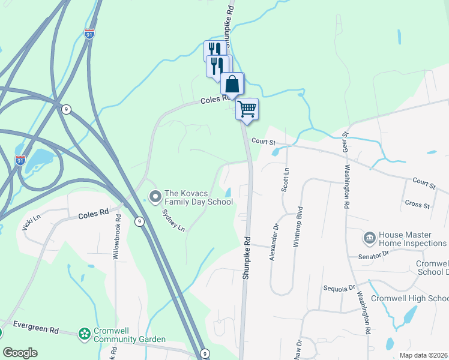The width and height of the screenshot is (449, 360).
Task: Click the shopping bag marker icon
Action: [x=232, y=83]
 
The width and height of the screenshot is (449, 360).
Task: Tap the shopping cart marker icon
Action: [x=247, y=109]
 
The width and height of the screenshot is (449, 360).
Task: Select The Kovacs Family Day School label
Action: [x=199, y=197]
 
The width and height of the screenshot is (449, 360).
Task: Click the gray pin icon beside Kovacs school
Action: [x=155, y=196]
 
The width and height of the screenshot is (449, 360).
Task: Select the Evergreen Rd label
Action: [x=38, y=330]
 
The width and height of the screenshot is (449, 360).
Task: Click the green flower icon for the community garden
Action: [x=85, y=333]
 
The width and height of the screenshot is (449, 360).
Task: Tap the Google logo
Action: [x=20, y=353]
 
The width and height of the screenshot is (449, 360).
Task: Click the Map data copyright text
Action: [x=423, y=355]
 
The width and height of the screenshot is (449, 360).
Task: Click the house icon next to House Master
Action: [x=369, y=239]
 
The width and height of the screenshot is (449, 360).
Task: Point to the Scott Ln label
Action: [x=286, y=179]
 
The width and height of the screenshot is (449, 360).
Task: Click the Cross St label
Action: [x=418, y=205]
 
